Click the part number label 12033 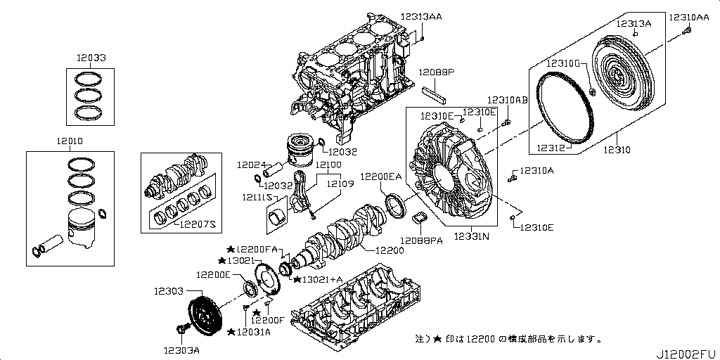tap(93, 58)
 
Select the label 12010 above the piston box tap(70, 141)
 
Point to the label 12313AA tap(421, 16)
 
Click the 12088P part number tap(437, 72)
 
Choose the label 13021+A tap(322, 279)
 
